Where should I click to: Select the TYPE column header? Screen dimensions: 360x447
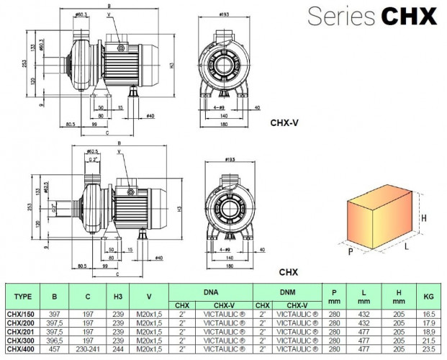[x=23, y=295]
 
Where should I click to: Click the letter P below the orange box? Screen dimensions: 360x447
[x=349, y=252]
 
